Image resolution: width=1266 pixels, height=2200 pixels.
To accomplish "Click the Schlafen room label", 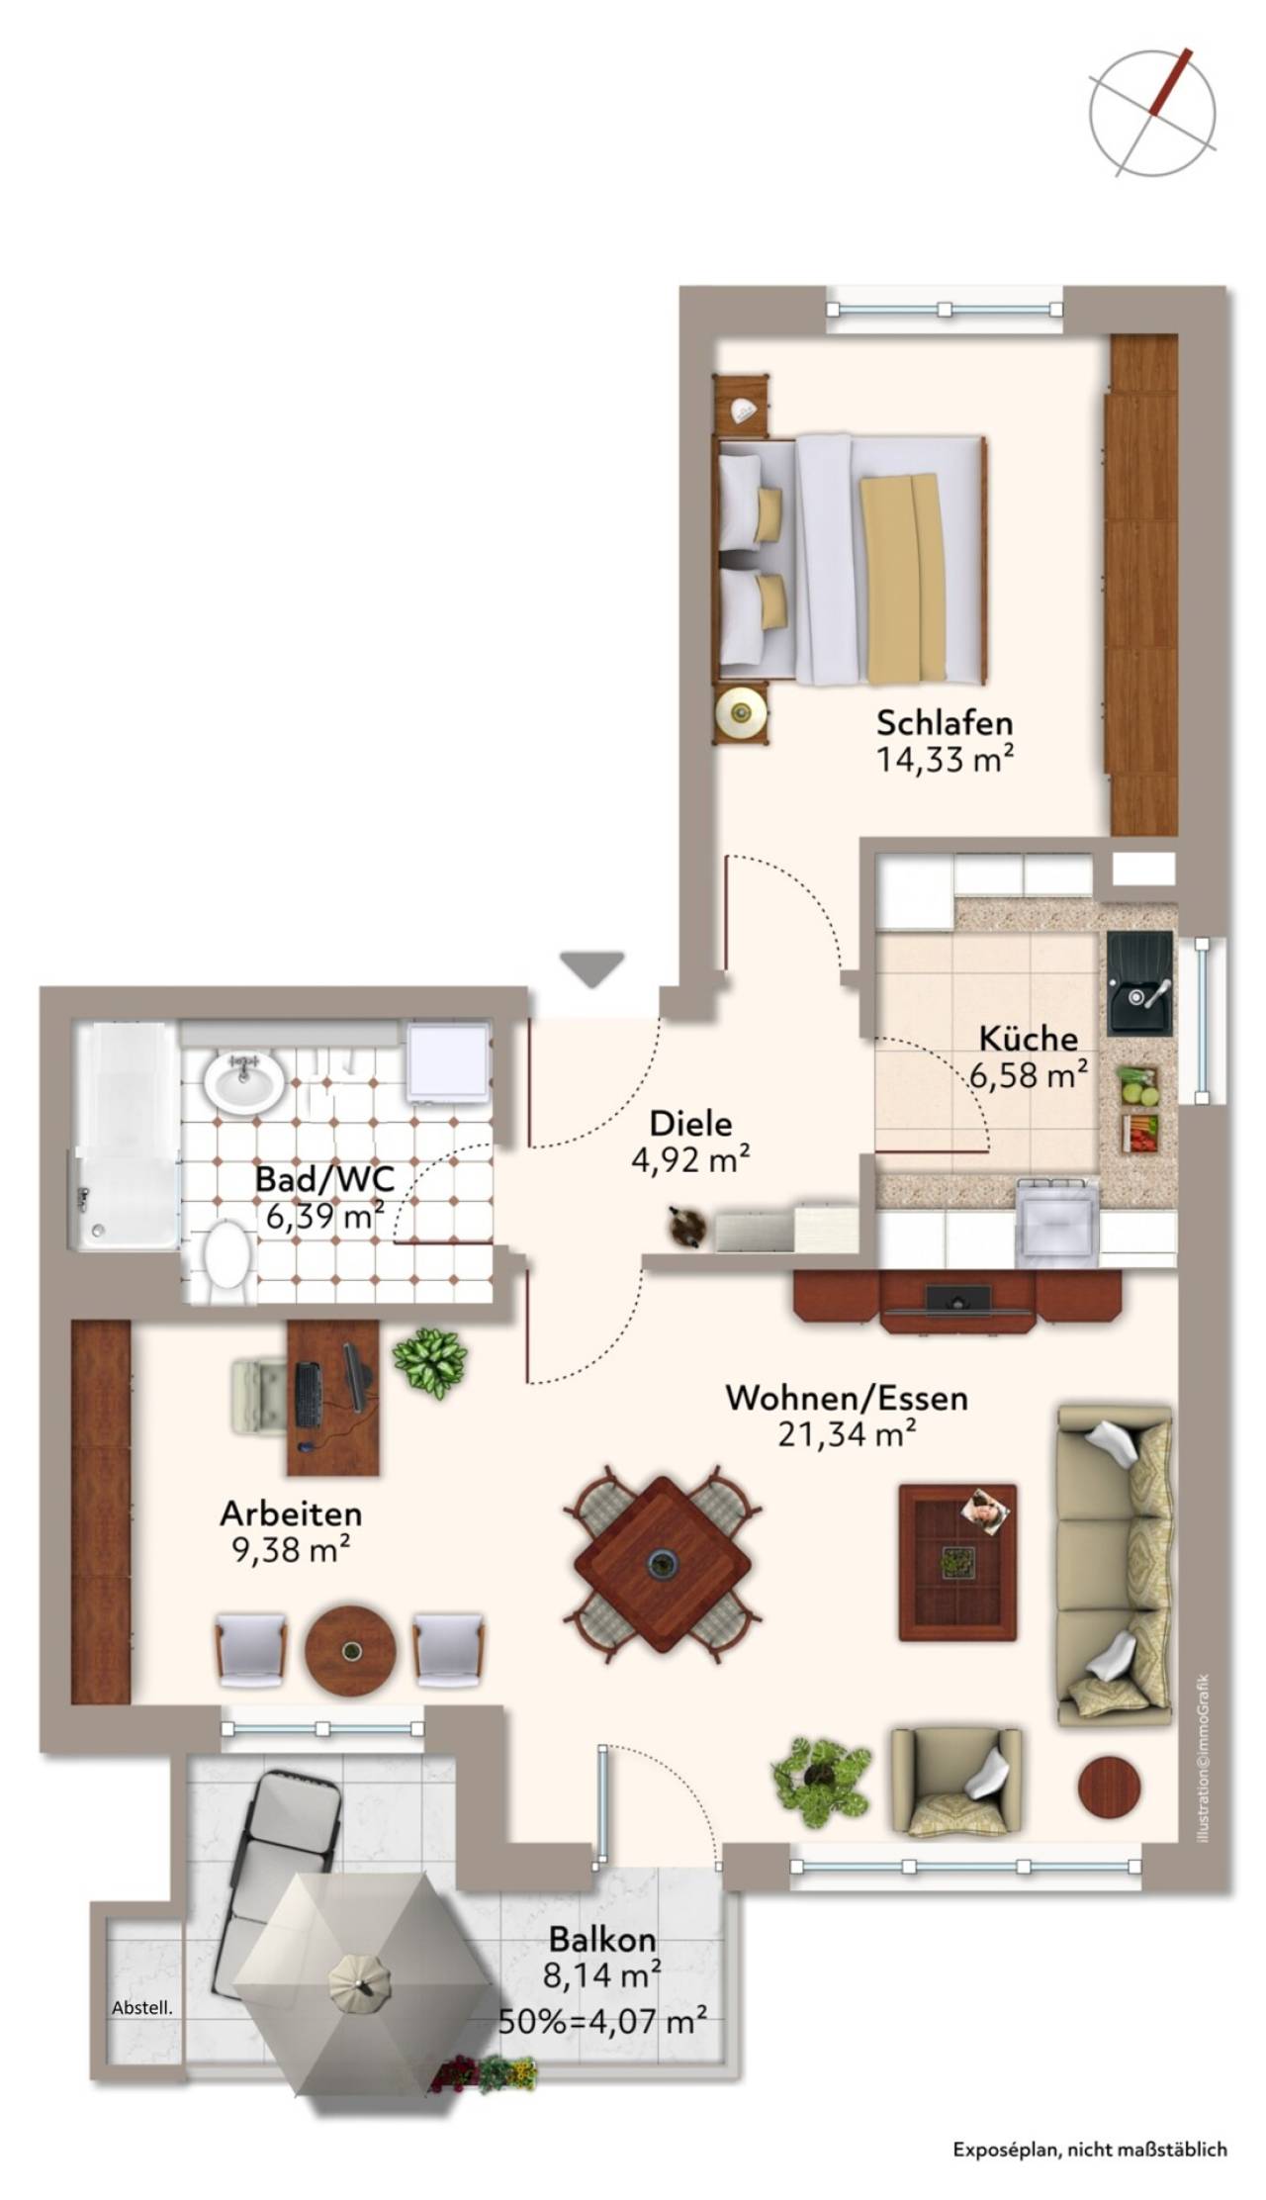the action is tap(945, 722).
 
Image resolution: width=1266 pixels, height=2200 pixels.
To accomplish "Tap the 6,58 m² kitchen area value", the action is tap(1029, 1074).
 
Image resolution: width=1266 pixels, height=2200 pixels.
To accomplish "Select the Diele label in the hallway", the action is tap(690, 1124).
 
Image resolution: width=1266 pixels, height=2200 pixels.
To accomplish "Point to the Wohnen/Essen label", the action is tap(847, 1398).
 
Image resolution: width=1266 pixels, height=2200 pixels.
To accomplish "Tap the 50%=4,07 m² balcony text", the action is tap(603, 2019).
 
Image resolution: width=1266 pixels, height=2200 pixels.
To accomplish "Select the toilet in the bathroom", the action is tap(226, 1259).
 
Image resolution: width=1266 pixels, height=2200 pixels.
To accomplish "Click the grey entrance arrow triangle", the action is tap(591, 968).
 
